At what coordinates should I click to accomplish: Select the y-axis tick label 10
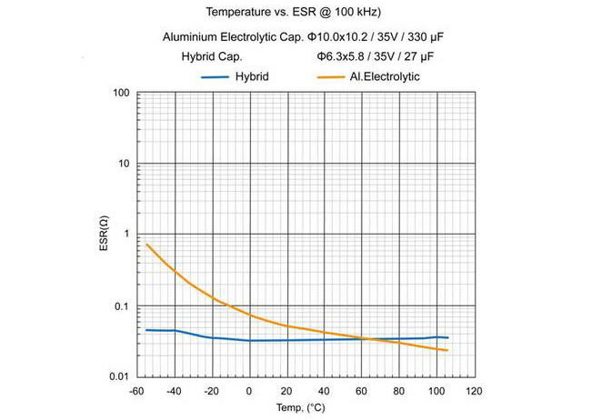[125, 164]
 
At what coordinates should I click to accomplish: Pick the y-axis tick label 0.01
[120, 376]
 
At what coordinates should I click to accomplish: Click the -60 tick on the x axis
[136, 392]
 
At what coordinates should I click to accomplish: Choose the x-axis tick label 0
[249, 392]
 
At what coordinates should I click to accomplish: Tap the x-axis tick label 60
[362, 392]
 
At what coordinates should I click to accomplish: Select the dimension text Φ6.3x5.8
[342, 57]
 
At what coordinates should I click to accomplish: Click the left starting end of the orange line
[146, 244]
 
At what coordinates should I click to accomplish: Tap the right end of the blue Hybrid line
[448, 337]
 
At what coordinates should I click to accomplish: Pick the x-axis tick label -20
[211, 392]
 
